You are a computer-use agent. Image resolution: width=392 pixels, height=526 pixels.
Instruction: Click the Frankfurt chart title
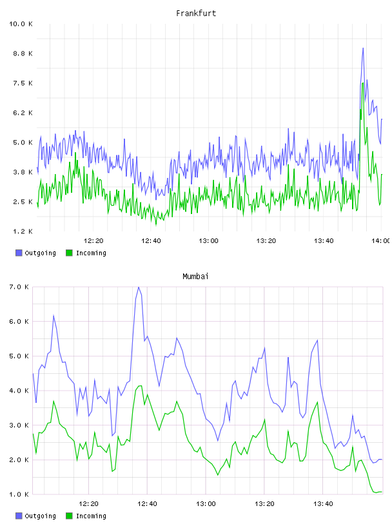[x=196, y=14]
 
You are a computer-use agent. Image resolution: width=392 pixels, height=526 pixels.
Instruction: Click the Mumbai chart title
[x=195, y=277]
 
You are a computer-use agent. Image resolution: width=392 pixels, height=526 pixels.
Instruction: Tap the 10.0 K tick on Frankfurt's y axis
[x=21, y=24]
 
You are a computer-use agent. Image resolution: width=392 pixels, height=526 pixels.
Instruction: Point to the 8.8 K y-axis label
[x=23, y=54]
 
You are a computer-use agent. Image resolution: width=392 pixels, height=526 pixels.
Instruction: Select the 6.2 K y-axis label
[x=23, y=113]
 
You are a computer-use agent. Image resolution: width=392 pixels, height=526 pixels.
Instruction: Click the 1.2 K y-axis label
[x=23, y=231]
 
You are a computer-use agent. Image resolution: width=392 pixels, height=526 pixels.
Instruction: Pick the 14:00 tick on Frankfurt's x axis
[x=380, y=241]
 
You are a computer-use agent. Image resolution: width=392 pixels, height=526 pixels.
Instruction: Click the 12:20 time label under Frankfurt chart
[x=93, y=241]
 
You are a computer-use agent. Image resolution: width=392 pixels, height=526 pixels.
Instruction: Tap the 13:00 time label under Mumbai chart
[x=206, y=504]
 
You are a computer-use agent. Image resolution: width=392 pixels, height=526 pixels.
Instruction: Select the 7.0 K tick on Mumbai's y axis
[x=19, y=287]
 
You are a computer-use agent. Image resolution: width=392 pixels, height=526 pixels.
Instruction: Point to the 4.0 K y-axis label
[x=19, y=391]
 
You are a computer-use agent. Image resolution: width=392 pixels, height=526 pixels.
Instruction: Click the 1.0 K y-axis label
[x=19, y=494]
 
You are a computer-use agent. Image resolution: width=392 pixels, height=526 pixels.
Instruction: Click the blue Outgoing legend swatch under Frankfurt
[x=19, y=253]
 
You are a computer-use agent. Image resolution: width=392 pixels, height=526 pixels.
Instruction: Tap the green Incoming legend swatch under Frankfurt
[x=69, y=253]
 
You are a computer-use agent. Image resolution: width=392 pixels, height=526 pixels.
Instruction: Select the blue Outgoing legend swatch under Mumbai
[x=19, y=516]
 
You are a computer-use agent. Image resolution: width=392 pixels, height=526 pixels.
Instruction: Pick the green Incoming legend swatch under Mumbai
[x=69, y=516]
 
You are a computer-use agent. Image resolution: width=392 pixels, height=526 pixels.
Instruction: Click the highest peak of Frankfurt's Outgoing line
[x=363, y=48]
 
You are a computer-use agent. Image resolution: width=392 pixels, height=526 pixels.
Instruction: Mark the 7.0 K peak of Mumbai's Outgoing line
[x=139, y=287]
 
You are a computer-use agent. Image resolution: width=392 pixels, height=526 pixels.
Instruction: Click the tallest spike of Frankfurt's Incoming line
[x=363, y=83]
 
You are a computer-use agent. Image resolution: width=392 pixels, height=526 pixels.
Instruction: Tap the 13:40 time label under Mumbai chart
[x=323, y=504]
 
